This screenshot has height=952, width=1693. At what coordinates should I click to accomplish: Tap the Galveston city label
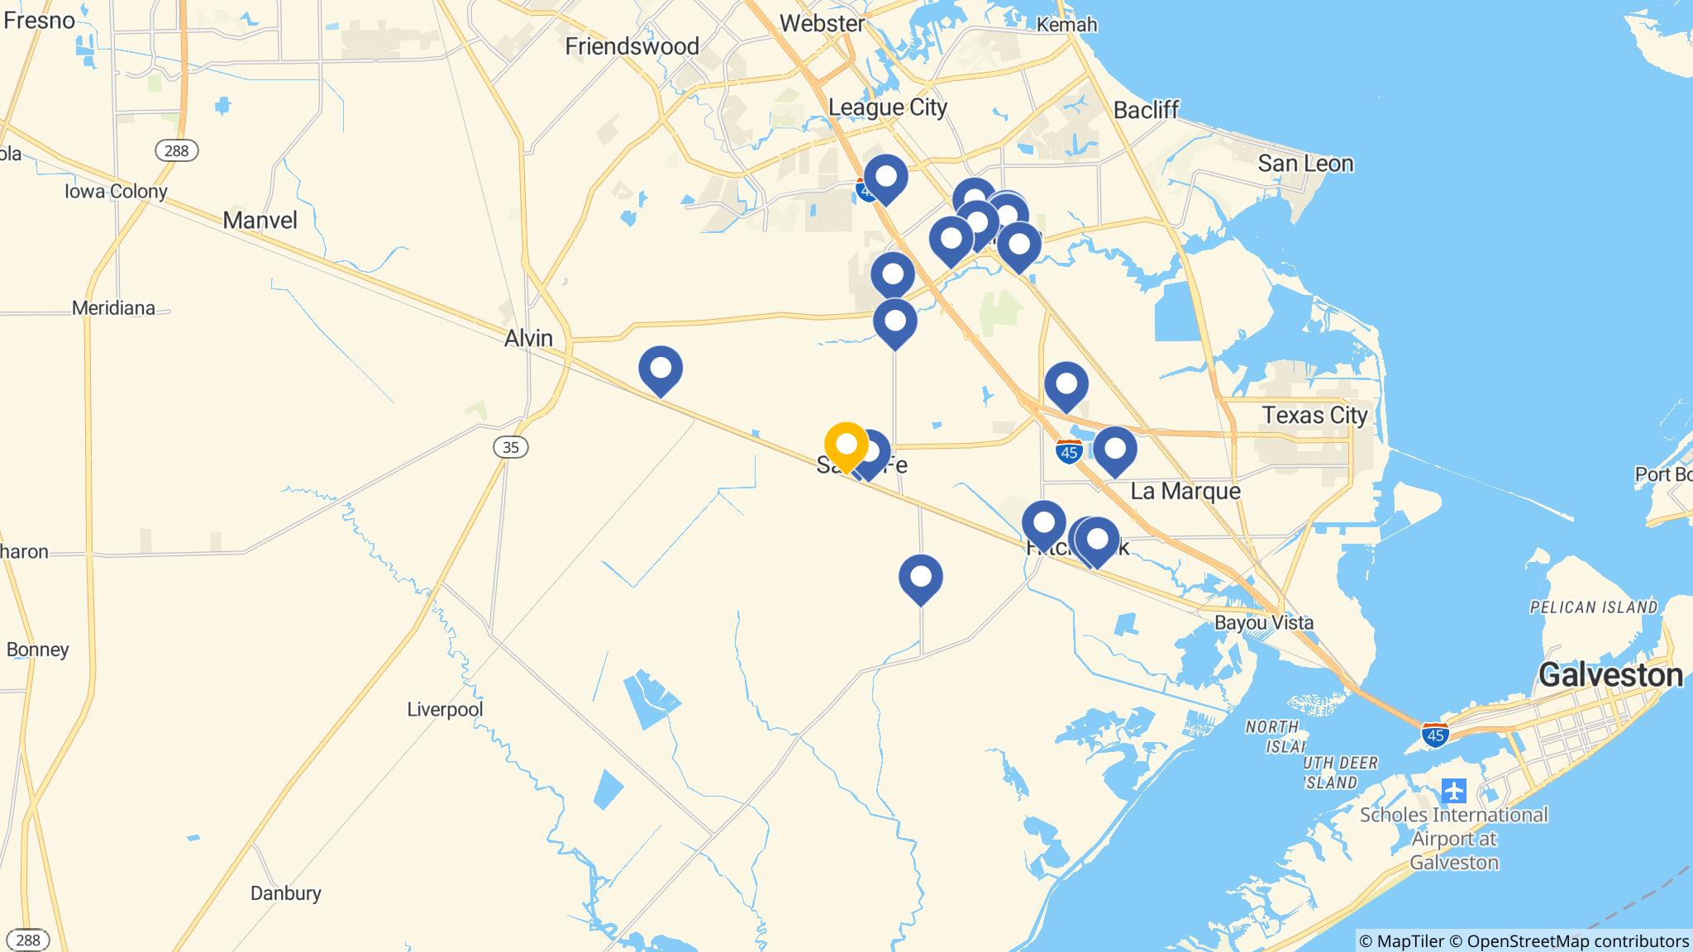coord(1610,675)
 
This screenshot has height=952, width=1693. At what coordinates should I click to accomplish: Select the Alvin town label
coord(528,338)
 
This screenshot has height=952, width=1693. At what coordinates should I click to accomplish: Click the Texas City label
coord(1314,415)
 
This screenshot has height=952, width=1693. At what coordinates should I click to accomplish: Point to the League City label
coord(887,107)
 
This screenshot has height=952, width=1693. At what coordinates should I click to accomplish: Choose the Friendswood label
coord(632,46)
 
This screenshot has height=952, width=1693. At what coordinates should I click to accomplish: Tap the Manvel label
coord(260,220)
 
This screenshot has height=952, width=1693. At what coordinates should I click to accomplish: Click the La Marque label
coord(1185,491)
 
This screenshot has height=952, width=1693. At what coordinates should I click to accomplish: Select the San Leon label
coord(1305,164)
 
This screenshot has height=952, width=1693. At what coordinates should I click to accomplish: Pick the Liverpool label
coord(445,709)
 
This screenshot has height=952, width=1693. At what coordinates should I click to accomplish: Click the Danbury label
coord(285,892)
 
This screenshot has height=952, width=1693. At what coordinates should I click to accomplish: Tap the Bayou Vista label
coord(1263,622)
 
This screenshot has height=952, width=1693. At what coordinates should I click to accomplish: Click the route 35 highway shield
coord(510,447)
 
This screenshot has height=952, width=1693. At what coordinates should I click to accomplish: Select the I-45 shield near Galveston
coord(1435,734)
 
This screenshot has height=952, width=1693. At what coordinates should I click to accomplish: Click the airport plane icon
coord(1453,791)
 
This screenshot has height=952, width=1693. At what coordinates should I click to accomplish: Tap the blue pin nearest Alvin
coord(661,369)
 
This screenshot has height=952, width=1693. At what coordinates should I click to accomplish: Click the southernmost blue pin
coord(920,577)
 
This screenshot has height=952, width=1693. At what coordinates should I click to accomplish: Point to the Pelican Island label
coord(1593,607)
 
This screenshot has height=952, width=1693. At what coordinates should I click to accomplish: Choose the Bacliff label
coord(1146,110)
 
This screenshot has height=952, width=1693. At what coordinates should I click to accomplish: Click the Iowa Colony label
coord(116,192)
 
